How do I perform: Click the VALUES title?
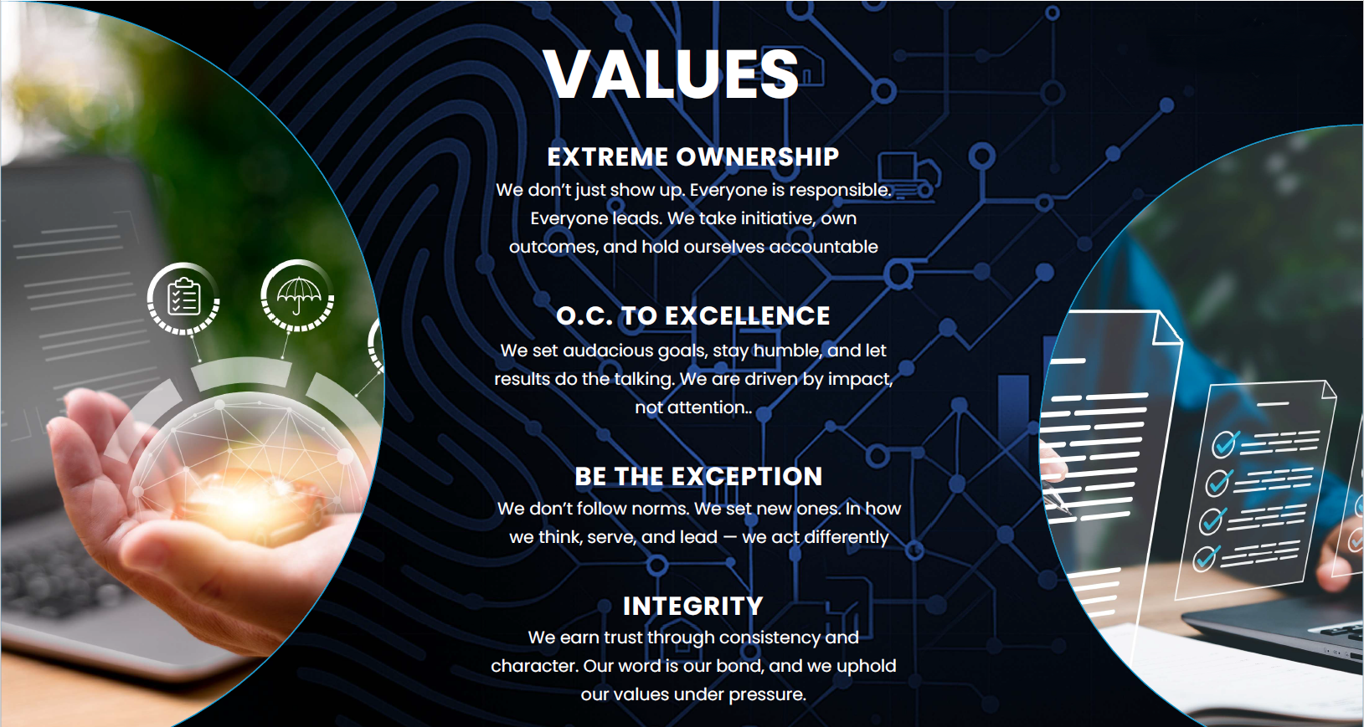point(671,74)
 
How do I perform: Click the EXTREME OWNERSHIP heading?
point(693,157)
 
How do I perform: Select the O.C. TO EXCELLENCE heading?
point(693,315)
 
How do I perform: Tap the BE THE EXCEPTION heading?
point(698,476)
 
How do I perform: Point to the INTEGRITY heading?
point(693,606)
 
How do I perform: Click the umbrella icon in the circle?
point(298,295)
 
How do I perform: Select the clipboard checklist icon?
point(183,297)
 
